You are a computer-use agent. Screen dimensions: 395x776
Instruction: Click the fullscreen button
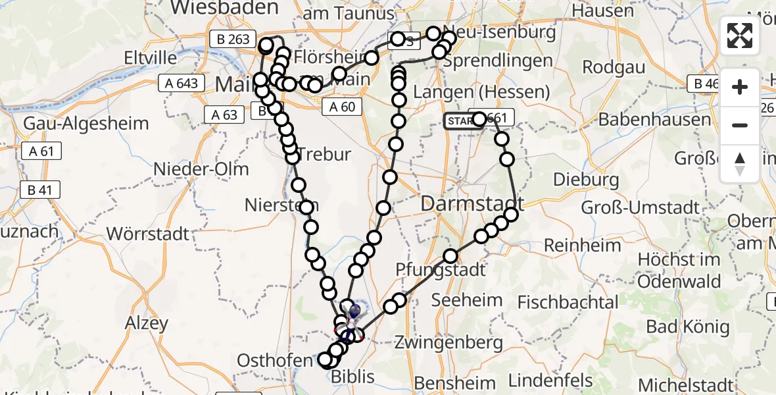point(740,36)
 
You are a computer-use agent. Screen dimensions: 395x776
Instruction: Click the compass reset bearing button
point(740,164)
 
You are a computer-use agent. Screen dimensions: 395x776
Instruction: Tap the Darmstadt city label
point(472,203)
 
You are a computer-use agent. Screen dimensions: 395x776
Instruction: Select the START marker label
point(459,120)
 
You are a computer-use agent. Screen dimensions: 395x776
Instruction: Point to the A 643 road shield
point(178,84)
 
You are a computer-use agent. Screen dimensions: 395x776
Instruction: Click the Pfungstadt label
point(441,269)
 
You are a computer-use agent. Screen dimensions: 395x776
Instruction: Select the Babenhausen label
point(654,120)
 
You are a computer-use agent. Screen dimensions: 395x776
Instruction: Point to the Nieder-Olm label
point(201,169)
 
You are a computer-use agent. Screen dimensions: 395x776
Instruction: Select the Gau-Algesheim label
point(85,123)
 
